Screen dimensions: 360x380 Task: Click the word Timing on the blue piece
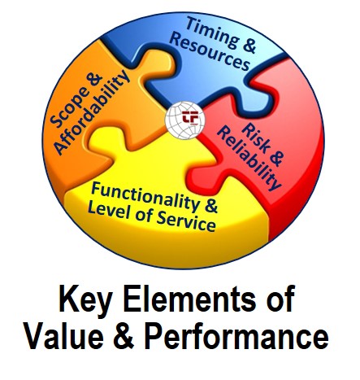click(213, 33)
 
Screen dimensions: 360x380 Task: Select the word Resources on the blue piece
click(209, 53)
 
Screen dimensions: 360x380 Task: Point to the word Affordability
click(93, 112)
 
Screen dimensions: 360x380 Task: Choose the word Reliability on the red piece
click(249, 158)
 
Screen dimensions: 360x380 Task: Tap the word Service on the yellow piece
click(186, 222)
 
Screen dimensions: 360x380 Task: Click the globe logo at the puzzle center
click(184, 120)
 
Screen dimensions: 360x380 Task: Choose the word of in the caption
click(281, 299)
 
